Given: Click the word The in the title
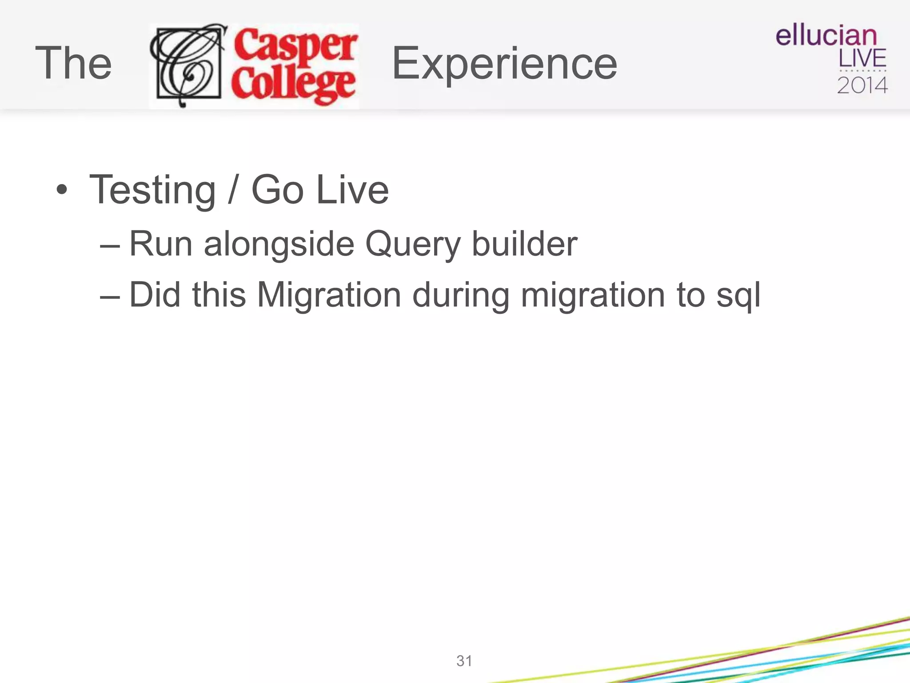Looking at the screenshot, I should [73, 64].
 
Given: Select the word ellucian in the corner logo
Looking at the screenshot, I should [826, 36].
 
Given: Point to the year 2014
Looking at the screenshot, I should [862, 85].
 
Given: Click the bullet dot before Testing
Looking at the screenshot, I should [62, 190].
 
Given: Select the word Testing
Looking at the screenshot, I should [152, 190].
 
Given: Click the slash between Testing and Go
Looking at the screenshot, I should [232, 190].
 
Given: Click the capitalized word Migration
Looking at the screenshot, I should [329, 295].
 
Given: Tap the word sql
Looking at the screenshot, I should [738, 295].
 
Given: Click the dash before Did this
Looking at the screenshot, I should [110, 296].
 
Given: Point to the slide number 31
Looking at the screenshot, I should [464, 661].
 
